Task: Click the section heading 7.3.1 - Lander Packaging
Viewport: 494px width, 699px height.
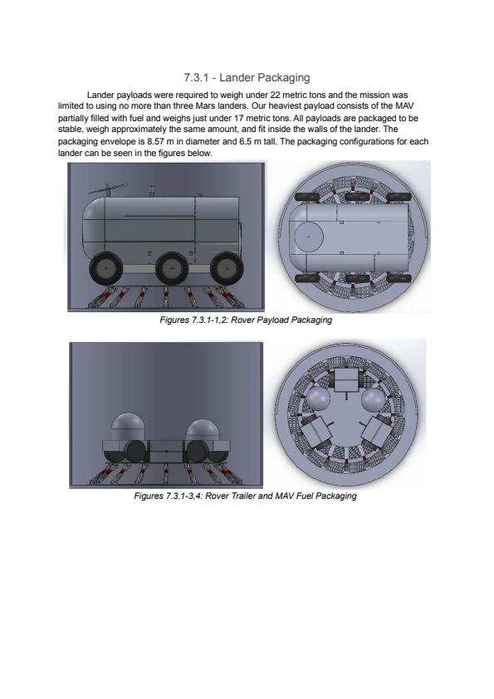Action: pyautogui.click(x=247, y=77)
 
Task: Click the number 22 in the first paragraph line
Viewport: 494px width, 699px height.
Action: pyautogui.click(x=275, y=95)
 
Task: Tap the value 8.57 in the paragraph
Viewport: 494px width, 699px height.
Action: pyautogui.click(x=155, y=142)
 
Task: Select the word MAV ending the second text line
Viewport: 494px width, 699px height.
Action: pyautogui.click(x=404, y=106)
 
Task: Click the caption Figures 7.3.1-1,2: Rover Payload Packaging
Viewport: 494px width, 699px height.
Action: pyautogui.click(x=246, y=320)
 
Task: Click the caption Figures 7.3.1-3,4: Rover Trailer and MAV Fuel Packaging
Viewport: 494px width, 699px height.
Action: pyautogui.click(x=245, y=496)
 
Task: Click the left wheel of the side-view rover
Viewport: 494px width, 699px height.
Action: pyautogui.click(x=106, y=269)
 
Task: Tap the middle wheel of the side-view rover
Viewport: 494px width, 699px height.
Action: pyautogui.click(x=172, y=269)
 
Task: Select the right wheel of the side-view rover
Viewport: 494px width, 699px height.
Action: pyautogui.click(x=227, y=269)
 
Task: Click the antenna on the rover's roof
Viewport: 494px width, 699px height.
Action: pyautogui.click(x=108, y=189)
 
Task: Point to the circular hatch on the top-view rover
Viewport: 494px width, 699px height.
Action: pyautogui.click(x=309, y=237)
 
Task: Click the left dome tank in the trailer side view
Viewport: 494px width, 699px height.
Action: pyautogui.click(x=127, y=427)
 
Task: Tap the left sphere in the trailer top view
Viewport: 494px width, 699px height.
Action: pyautogui.click(x=318, y=399)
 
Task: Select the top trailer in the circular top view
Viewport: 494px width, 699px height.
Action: pyautogui.click(x=346, y=380)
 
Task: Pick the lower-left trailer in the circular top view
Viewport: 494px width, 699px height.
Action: pyautogui.click(x=315, y=431)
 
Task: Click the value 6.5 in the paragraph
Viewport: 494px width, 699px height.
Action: pyautogui.click(x=245, y=142)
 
